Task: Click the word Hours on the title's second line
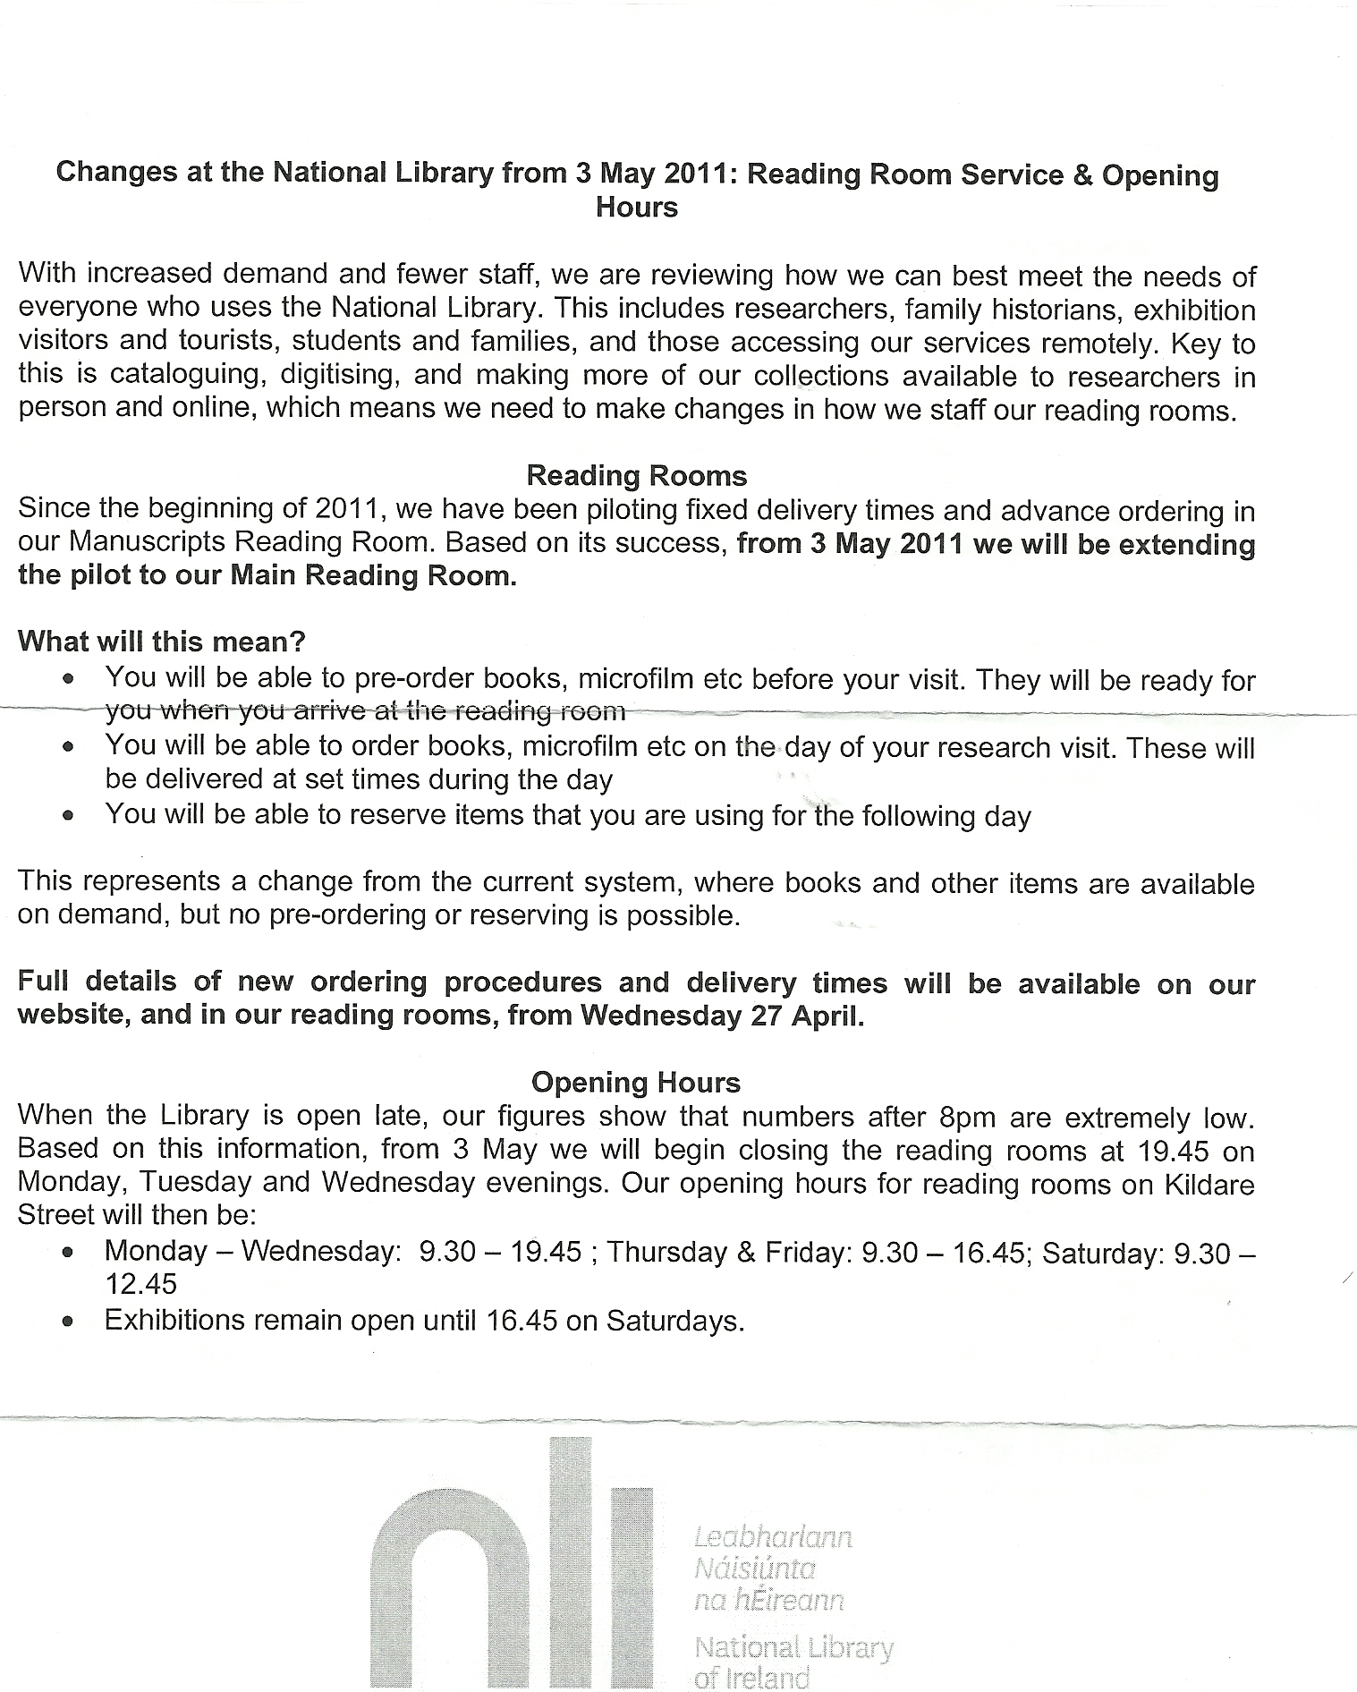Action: point(637,208)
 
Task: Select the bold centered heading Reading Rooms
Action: point(636,475)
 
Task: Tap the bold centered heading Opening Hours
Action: point(636,1082)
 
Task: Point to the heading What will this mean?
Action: point(162,641)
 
